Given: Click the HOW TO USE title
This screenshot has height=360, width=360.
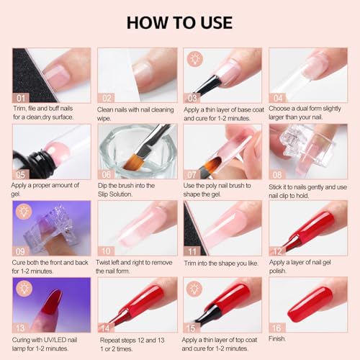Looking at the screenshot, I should point(180,21).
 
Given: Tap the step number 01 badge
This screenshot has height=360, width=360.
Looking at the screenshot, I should point(22,96).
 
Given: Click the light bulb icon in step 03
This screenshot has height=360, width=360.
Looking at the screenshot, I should point(193,57).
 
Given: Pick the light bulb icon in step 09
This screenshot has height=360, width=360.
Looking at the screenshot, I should point(22,210).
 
